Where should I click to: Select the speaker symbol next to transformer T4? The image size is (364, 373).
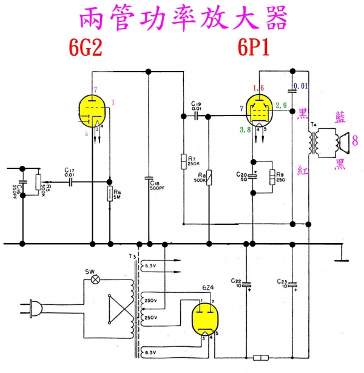click(x=342, y=143)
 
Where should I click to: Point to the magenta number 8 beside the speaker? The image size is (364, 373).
click(x=355, y=142)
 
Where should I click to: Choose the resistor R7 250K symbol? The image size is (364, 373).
click(x=183, y=160)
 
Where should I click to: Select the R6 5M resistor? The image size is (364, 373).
click(x=110, y=194)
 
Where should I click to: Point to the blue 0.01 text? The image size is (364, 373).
click(x=301, y=87)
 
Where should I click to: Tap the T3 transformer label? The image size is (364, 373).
click(x=132, y=256)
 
